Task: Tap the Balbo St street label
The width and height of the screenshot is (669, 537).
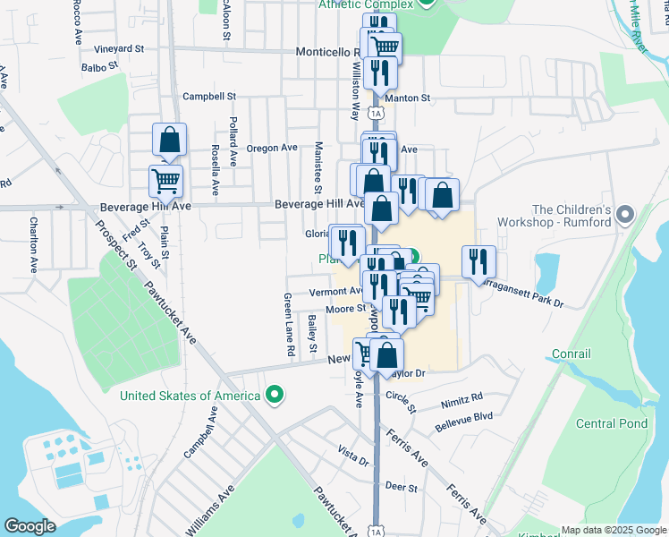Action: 99,66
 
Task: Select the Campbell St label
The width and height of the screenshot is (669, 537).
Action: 208,96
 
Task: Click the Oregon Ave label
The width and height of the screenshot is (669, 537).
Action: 271,148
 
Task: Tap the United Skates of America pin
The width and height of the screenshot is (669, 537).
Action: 276,395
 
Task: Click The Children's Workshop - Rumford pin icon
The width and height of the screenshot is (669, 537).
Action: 625,215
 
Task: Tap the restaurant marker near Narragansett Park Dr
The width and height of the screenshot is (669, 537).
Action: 478,260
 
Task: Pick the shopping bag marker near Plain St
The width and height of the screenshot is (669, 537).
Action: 169,140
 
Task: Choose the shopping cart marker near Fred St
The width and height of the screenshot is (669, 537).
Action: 166,181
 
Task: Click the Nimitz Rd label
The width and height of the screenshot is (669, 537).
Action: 461,396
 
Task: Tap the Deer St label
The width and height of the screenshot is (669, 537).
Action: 402,487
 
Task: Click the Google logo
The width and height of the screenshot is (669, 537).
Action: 30,525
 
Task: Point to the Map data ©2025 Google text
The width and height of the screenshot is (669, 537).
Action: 614,530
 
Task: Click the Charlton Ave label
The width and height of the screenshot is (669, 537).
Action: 33,244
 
